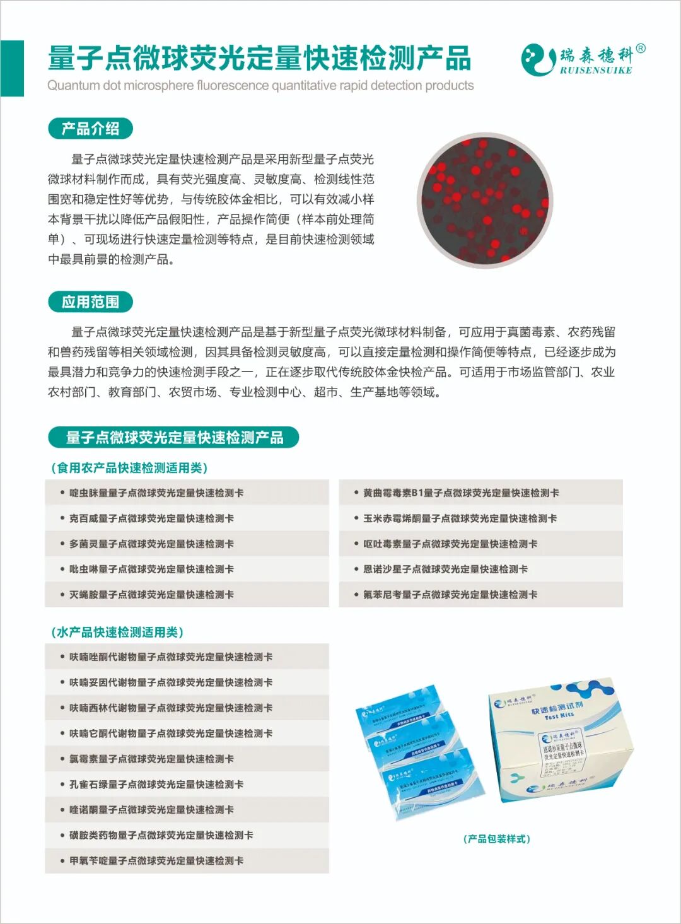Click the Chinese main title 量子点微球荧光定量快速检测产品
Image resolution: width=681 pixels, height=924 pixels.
[259, 58]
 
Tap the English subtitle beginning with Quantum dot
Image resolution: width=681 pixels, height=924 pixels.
[260, 86]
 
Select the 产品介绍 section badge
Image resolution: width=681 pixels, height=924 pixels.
[90, 129]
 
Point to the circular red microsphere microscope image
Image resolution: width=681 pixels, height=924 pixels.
[484, 200]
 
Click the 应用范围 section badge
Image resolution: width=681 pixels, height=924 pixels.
[90, 302]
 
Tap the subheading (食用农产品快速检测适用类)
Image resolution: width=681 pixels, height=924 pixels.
[129, 467]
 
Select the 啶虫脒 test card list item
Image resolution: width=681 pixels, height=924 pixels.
[156, 493]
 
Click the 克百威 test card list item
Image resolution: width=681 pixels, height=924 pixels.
[151, 518]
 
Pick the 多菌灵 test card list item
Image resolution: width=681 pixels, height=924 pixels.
[151, 544]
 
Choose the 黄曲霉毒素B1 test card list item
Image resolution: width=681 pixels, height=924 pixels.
[461, 493]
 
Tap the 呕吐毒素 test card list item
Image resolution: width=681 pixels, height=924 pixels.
[450, 544]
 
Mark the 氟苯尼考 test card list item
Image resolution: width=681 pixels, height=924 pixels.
[450, 595]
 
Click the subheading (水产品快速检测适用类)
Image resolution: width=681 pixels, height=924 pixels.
[117, 632]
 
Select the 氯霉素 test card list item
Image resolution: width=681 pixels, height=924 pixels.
[151, 759]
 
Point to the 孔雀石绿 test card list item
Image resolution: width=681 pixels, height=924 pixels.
[156, 785]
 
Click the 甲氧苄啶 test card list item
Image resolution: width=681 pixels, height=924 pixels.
[156, 861]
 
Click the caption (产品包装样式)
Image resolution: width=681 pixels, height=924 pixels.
[497, 839]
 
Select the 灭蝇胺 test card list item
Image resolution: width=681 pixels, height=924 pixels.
[151, 595]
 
